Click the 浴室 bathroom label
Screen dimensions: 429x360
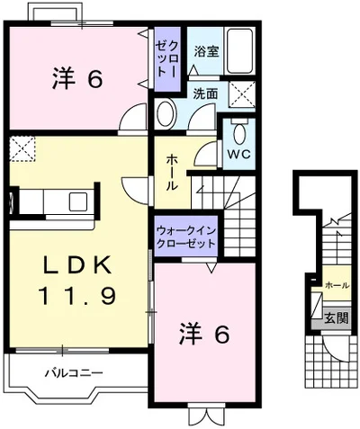click(x=205, y=51)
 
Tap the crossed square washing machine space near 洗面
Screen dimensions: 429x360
click(x=240, y=93)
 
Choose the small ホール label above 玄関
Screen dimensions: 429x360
click(x=336, y=284)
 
